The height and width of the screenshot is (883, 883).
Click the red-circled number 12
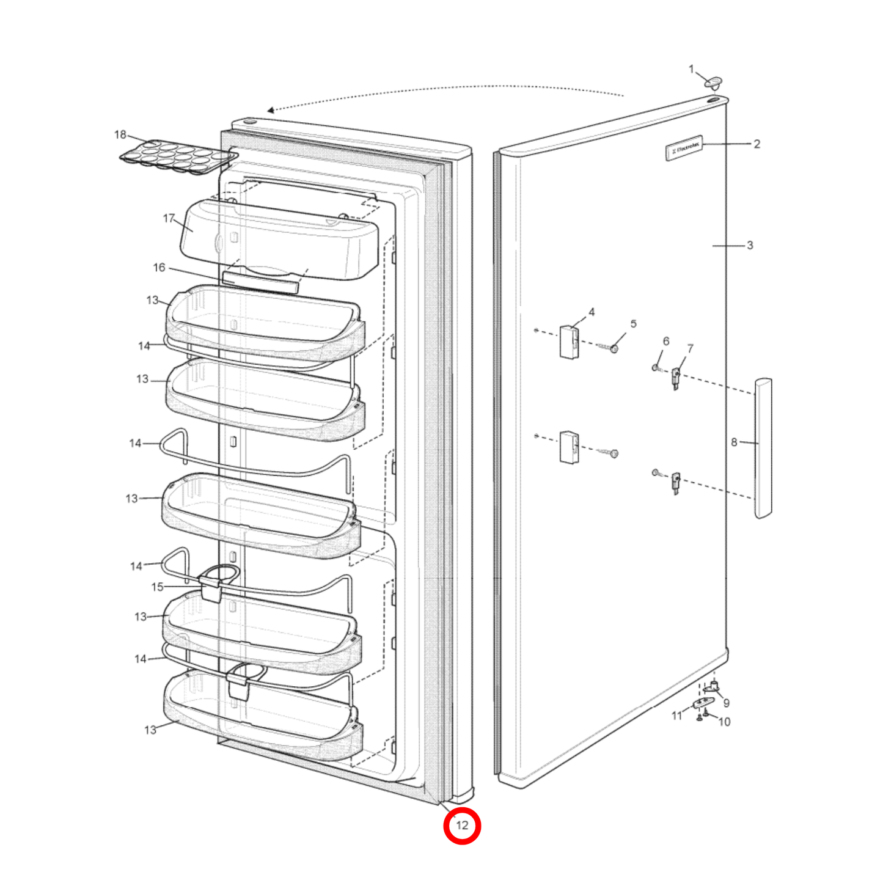[462, 826]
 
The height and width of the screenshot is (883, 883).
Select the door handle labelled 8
[763, 448]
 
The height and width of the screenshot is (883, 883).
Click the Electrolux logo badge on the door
[684, 148]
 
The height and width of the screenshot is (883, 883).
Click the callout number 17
[169, 218]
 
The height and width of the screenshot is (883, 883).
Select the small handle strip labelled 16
[260, 282]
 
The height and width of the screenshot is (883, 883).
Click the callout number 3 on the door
[750, 246]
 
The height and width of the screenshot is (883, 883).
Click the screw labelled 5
[614, 348]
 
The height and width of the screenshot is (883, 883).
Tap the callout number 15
[157, 587]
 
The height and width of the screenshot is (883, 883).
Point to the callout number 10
[724, 722]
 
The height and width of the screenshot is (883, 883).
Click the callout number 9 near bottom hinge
[726, 703]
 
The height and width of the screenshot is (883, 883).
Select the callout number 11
[676, 716]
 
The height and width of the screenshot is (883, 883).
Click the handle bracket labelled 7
[676, 378]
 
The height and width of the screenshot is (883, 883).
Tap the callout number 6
[666, 341]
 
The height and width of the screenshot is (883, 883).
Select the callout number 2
[757, 144]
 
